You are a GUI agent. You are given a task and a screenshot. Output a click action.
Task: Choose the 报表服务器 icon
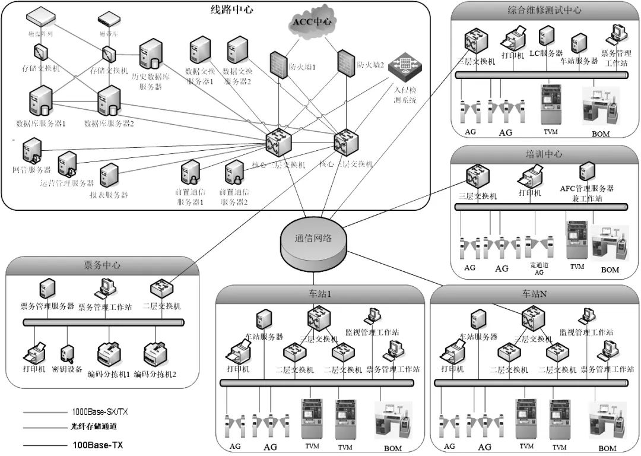[109, 176]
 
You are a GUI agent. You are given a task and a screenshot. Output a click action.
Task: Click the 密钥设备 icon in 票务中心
[67, 354]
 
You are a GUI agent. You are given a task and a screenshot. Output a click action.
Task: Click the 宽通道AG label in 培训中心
[539, 268]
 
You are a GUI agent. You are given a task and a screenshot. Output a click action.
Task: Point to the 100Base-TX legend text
[97, 444]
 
